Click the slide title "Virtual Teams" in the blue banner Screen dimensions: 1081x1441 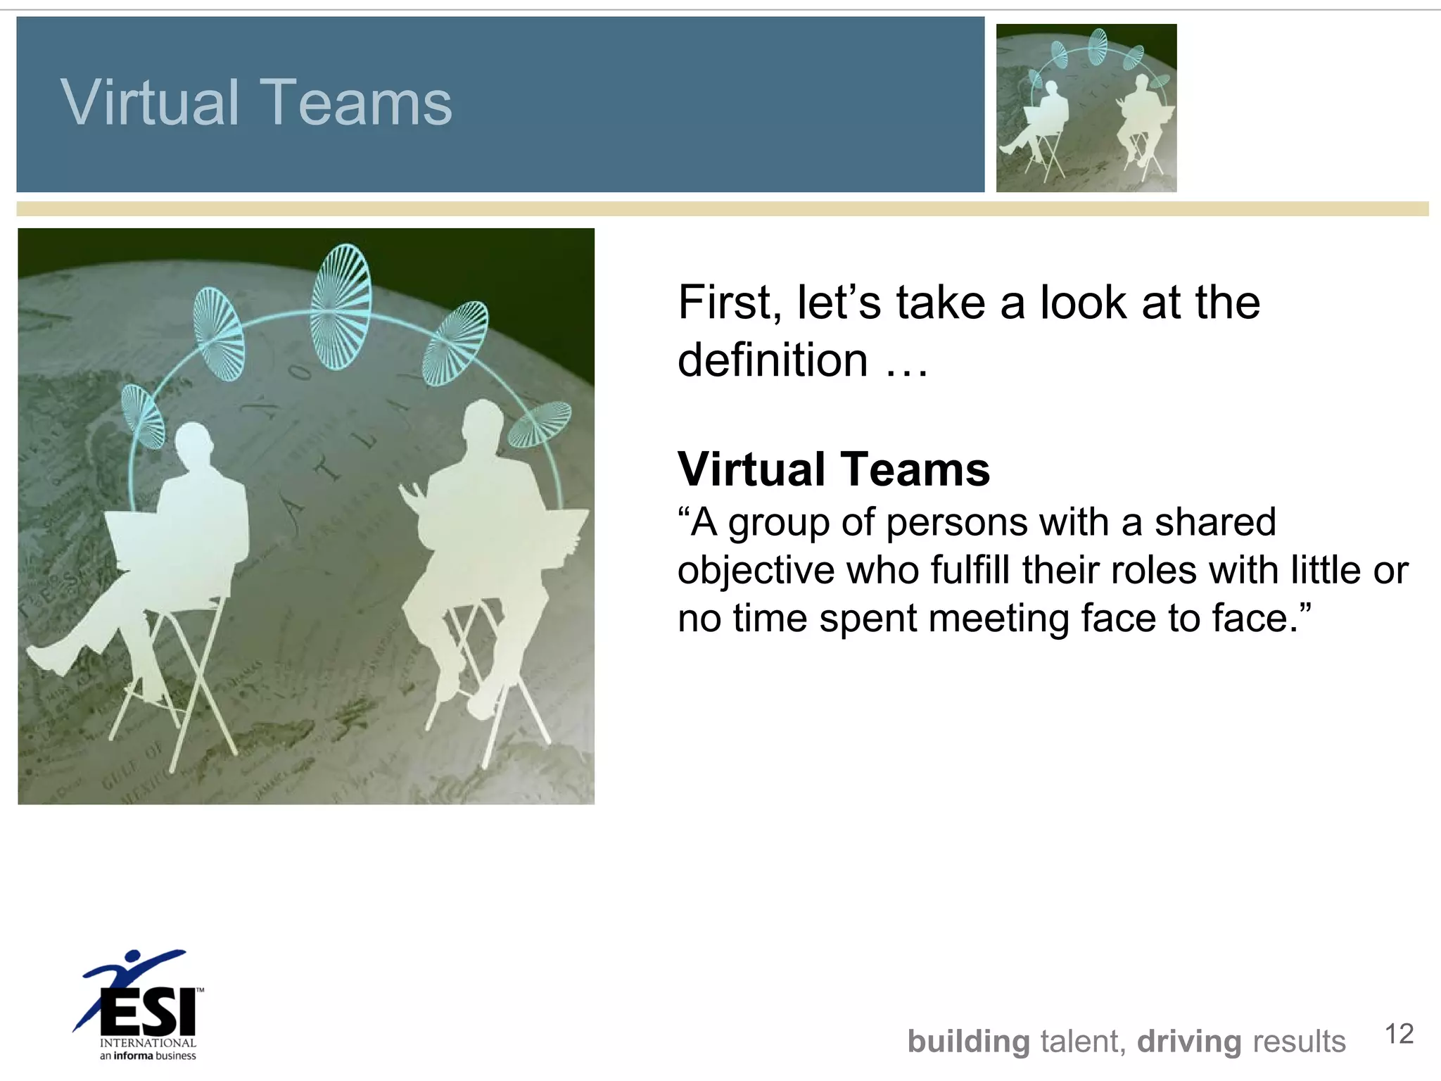[256, 103]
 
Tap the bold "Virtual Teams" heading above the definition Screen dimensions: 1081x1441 [834, 469]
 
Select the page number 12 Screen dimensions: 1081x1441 [1399, 1034]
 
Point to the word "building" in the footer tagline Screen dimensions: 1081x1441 [968, 1042]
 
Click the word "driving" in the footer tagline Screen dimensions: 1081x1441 [1189, 1042]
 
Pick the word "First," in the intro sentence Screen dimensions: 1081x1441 [729, 303]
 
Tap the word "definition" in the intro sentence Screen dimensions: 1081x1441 [773, 360]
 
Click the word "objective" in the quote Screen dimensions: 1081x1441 [756, 570]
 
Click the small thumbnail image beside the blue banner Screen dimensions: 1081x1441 [1086, 108]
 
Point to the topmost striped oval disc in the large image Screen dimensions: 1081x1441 [341, 306]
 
